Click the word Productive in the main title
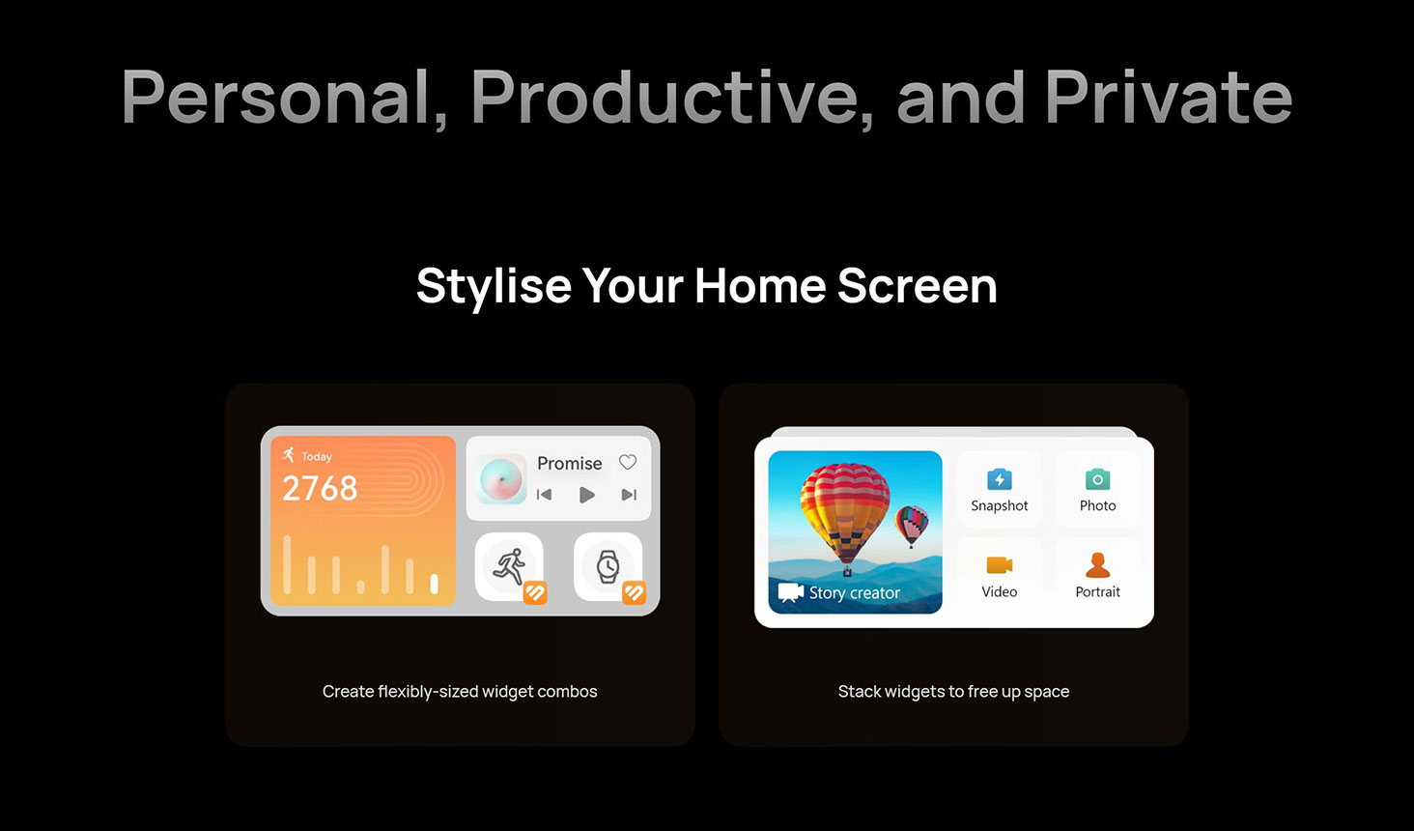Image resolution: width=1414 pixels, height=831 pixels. [669, 98]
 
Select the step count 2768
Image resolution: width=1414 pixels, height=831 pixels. [320, 488]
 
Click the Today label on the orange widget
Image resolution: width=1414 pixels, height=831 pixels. [316, 456]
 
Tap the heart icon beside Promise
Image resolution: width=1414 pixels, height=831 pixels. [628, 462]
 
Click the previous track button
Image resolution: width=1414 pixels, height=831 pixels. [544, 495]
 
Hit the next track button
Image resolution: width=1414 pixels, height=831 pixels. [629, 495]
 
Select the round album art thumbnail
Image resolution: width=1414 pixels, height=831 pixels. [502, 479]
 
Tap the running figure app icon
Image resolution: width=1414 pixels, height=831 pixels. [510, 566]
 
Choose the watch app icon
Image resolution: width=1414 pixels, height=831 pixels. [608, 566]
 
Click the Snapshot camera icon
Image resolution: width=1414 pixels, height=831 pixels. [1000, 479]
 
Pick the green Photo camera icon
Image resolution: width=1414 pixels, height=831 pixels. [1098, 479]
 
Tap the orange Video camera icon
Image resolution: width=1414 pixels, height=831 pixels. [1000, 564]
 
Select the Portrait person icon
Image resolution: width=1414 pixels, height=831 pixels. [1098, 565]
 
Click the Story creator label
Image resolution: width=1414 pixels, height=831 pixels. [854, 593]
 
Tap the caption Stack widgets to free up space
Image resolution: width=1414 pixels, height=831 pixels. [954, 692]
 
